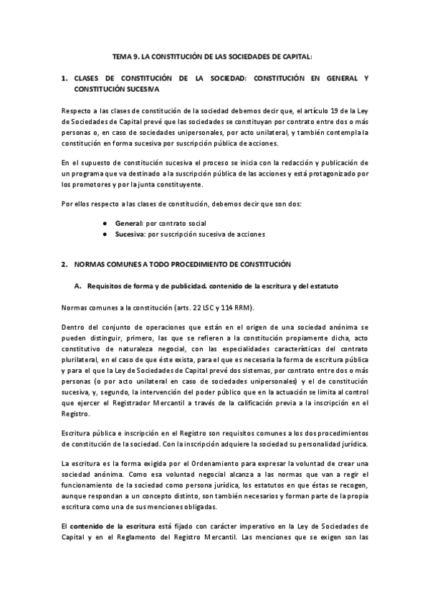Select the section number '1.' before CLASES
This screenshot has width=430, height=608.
click(65, 76)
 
